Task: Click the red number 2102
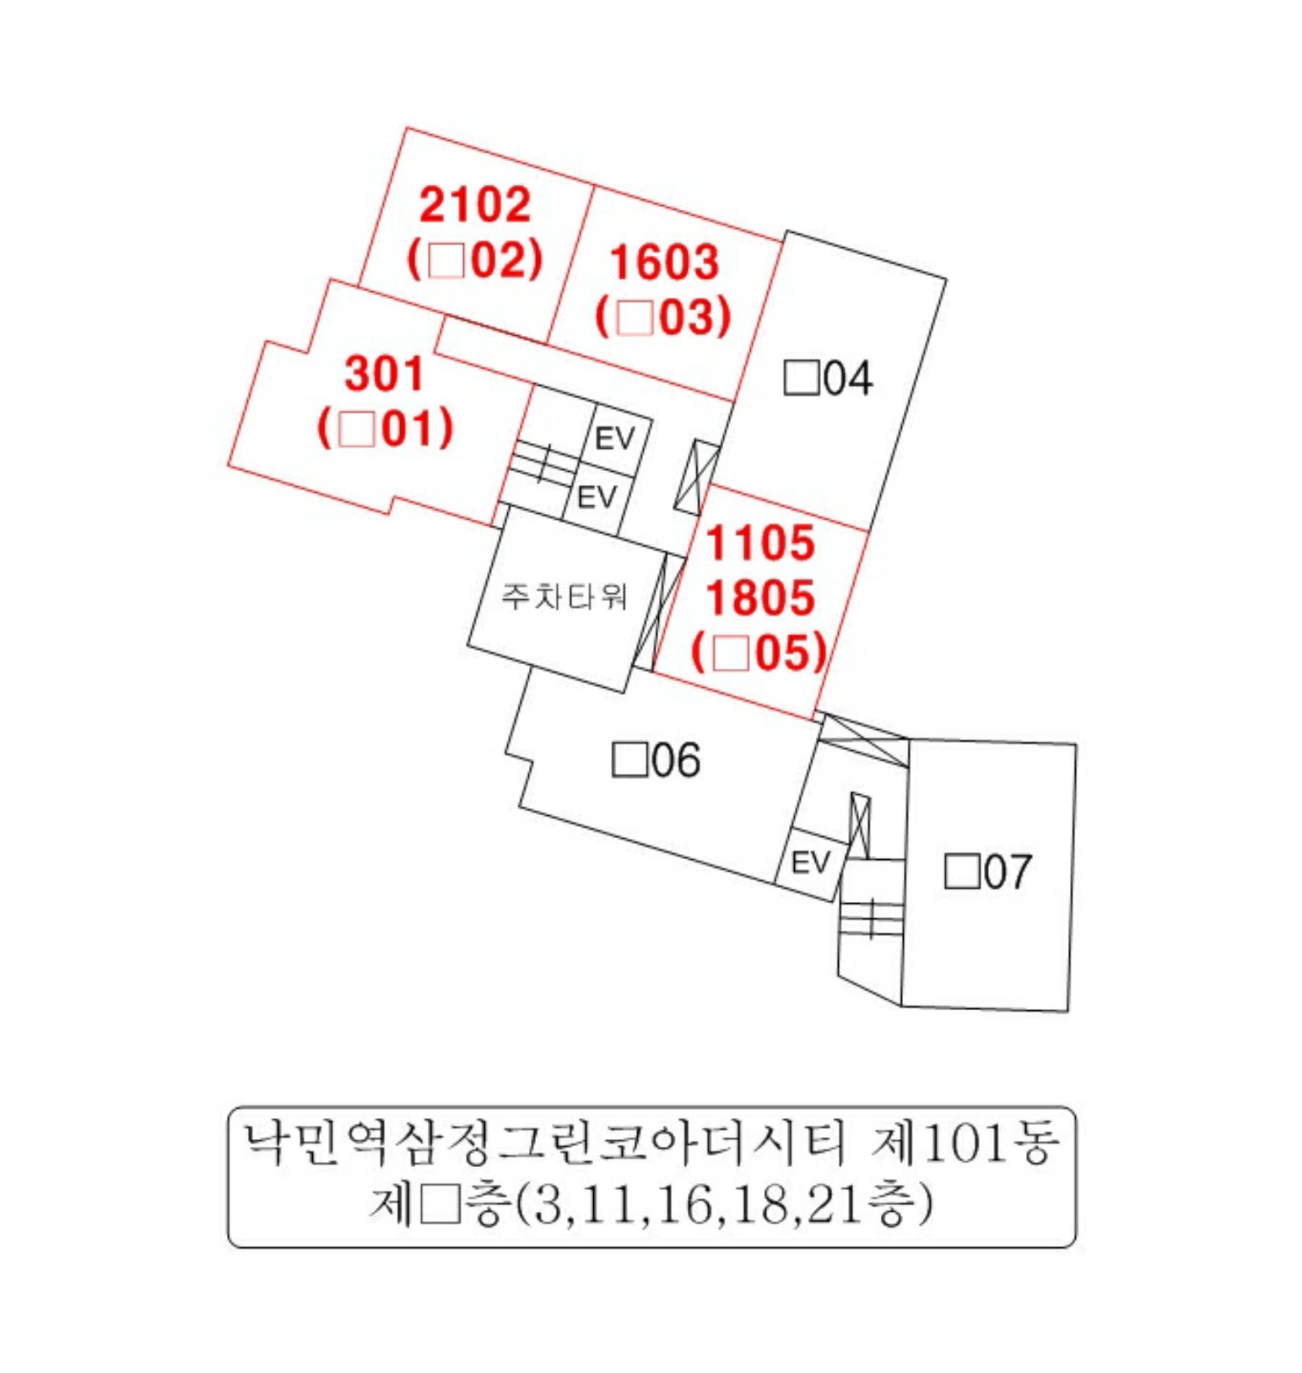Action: (475, 205)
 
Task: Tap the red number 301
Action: (384, 374)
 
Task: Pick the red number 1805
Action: (760, 598)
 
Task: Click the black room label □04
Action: (828, 378)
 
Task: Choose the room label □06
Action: (656, 759)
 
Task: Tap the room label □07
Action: (988, 871)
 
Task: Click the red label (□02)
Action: (475, 259)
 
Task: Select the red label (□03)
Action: (663, 317)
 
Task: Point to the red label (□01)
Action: (385, 428)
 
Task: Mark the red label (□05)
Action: (759, 653)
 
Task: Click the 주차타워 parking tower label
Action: (564, 596)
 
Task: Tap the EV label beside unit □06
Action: (811, 862)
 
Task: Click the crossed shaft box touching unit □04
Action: (697, 478)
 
